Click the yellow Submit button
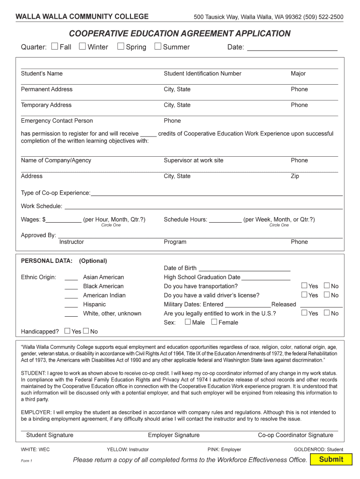click(331, 459)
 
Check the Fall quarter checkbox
click(55, 46)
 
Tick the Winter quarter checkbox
click(82, 46)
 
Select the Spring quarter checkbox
click(121, 46)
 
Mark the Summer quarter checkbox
click(158, 46)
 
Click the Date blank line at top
click(292, 47)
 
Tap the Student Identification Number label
click(202, 73)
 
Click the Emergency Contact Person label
click(57, 121)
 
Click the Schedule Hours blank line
click(225, 220)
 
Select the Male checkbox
click(188, 322)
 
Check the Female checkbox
click(214, 322)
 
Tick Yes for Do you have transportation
click(304, 286)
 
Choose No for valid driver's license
click(327, 295)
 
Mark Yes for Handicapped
click(67, 331)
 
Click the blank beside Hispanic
click(71, 305)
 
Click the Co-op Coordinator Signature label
click(295, 435)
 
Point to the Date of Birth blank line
click(245, 269)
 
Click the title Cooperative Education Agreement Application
click(180, 34)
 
